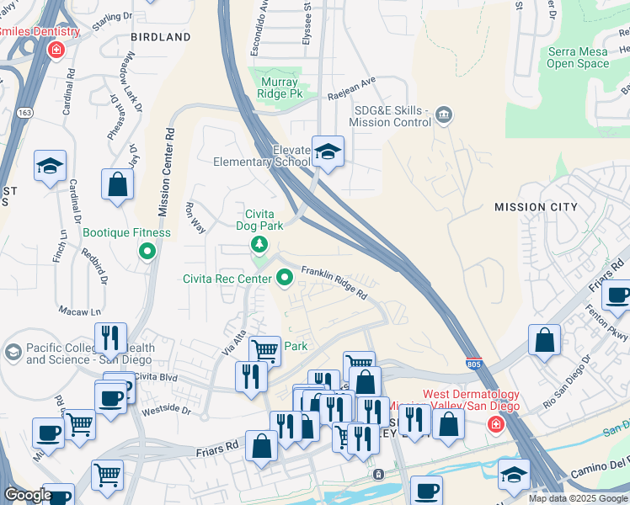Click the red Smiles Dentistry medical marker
point(56,50)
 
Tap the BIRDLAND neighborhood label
point(161,37)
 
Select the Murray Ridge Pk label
point(277,88)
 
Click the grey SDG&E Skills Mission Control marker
point(445,114)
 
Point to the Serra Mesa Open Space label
point(578,57)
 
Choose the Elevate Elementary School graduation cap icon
point(328,152)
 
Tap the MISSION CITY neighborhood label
point(536,206)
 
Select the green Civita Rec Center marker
point(285,275)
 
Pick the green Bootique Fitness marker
point(148,251)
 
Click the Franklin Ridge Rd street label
point(335,284)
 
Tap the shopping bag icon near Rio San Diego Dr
point(545,340)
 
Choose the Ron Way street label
point(195,217)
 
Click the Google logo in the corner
point(28,494)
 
